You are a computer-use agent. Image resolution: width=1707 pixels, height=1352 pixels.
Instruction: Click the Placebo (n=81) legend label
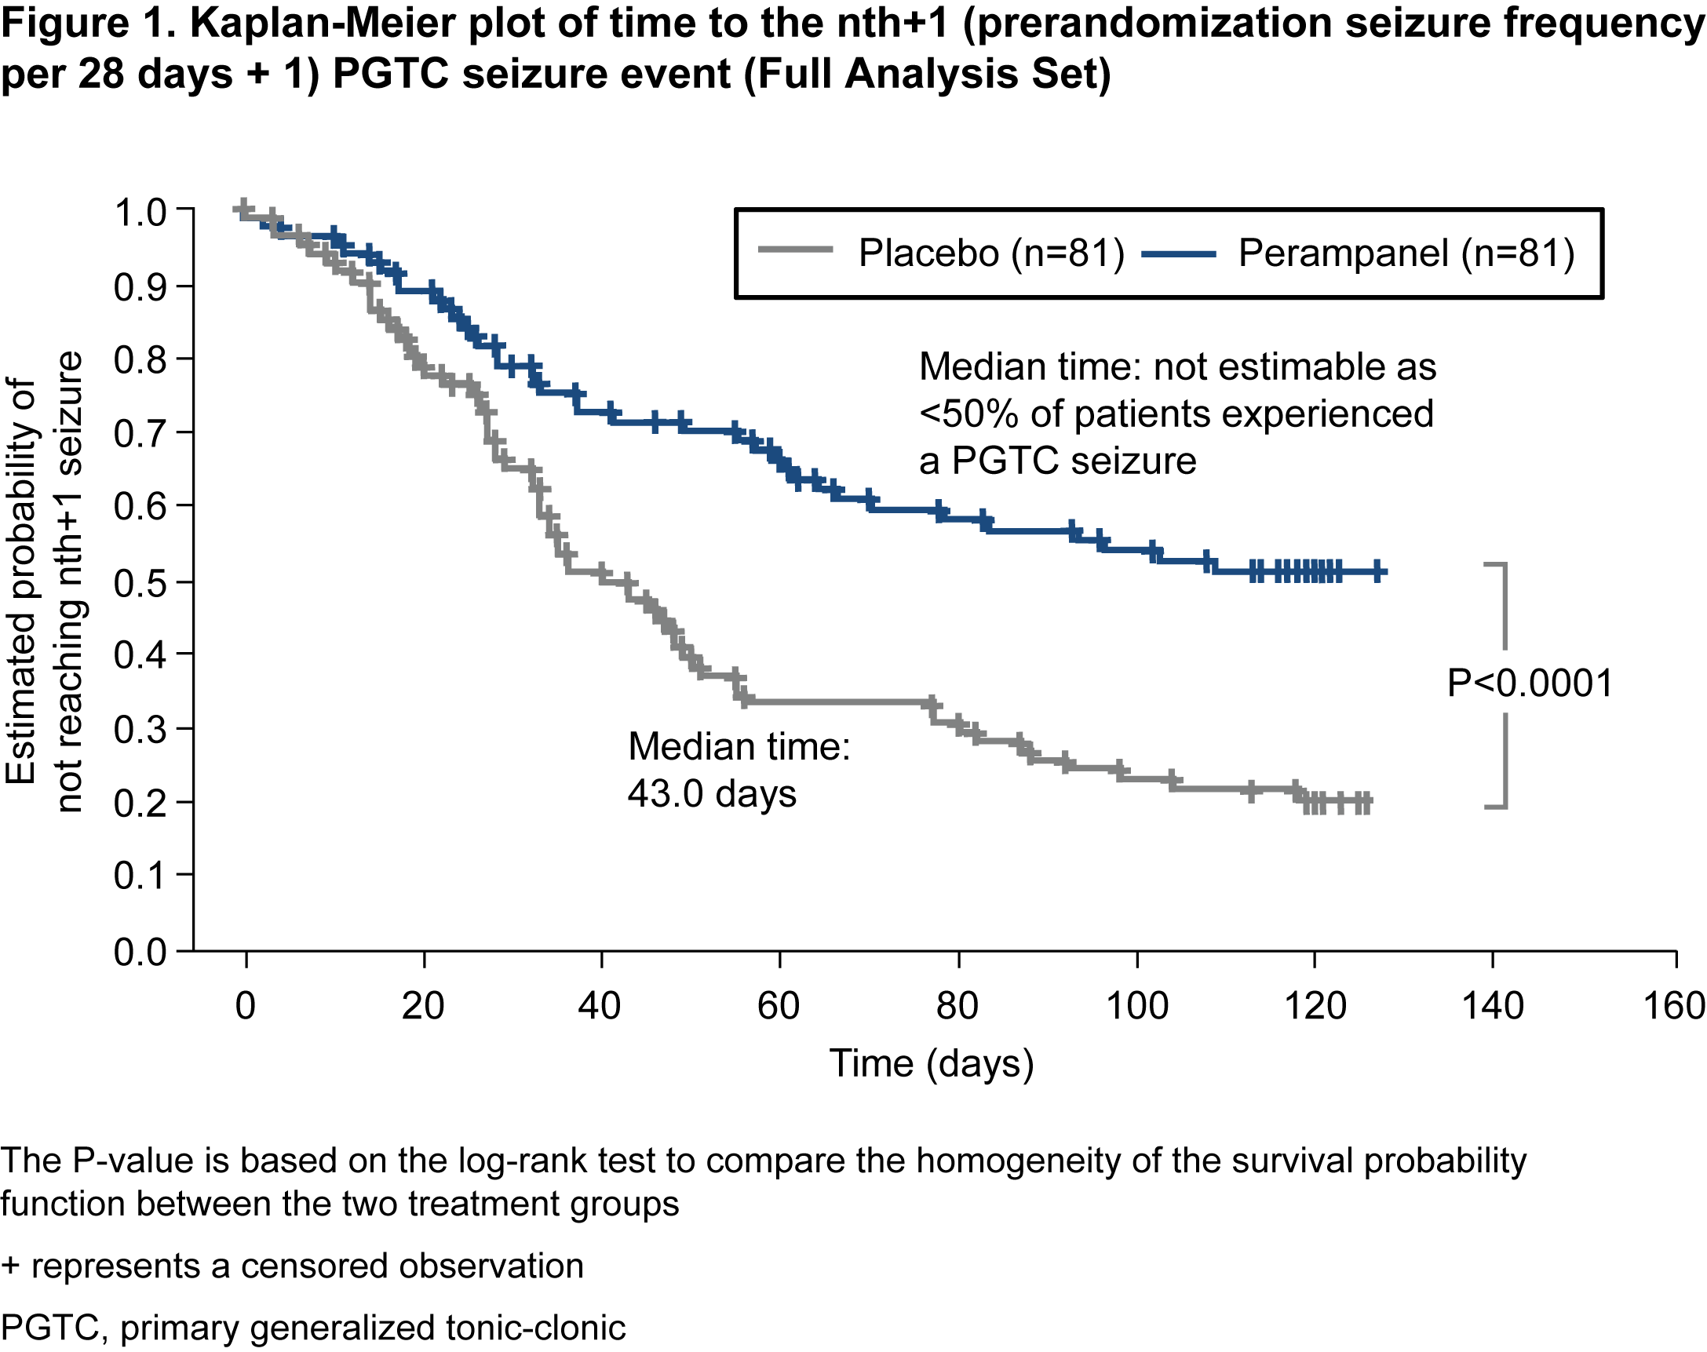click(990, 253)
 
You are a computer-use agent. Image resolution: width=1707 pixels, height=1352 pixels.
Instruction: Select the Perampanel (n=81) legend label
click(1406, 253)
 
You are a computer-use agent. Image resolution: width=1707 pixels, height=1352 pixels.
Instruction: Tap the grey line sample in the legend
click(795, 250)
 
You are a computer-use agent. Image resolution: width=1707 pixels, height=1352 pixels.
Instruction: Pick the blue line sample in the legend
click(1178, 254)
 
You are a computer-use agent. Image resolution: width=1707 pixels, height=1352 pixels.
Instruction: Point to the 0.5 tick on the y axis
click(184, 581)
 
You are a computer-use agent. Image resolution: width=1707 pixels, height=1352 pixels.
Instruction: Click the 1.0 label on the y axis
click(140, 213)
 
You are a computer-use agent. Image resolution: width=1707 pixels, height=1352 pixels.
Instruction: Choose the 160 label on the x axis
click(1674, 1006)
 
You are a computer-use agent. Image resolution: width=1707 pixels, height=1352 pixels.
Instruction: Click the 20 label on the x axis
click(423, 1006)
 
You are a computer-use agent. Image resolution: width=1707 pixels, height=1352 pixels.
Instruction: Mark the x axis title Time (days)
click(931, 1063)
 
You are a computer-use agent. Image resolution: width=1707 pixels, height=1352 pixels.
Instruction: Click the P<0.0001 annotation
click(1530, 683)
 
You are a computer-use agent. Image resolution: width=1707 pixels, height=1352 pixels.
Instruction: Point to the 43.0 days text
click(712, 793)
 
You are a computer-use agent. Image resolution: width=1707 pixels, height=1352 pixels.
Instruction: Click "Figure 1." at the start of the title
click(89, 24)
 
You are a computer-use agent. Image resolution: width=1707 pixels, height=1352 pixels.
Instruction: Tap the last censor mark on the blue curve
click(1378, 570)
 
